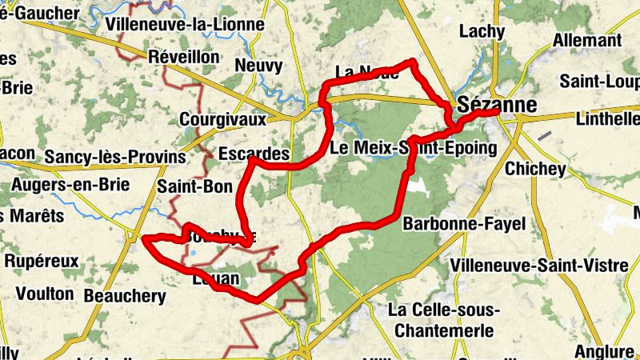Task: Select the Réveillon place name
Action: coord(183,57)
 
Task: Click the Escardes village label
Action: coord(253,153)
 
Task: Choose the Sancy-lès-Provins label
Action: coord(114,156)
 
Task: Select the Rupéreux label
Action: coord(42,261)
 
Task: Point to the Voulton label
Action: coord(45,294)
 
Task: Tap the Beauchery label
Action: coord(125,297)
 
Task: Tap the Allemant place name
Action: coord(586,40)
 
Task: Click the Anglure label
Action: coord(605,351)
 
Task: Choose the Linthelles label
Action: coord(607,119)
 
